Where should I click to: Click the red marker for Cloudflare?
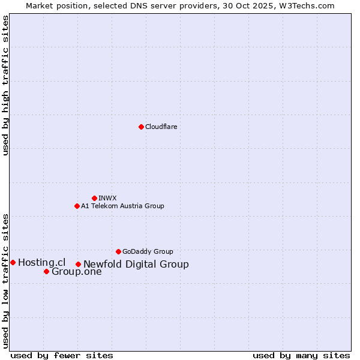[x=141, y=127]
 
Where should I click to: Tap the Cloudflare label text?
[x=161, y=127]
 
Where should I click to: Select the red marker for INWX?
[x=94, y=198]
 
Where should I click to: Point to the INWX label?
[x=107, y=198]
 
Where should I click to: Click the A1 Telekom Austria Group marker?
[x=77, y=206]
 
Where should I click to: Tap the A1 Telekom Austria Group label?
[x=122, y=206]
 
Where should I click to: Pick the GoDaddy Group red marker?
[x=118, y=251]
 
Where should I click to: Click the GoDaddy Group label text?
[x=148, y=251]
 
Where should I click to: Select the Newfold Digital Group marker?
[x=78, y=264]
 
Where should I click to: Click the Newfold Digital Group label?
[x=136, y=264]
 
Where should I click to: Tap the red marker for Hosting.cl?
[x=13, y=262]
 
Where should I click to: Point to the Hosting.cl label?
[x=41, y=262]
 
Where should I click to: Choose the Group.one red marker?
[x=46, y=271]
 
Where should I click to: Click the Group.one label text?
[x=76, y=272]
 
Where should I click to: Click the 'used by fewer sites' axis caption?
[x=62, y=355]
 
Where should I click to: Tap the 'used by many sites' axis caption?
[x=301, y=355]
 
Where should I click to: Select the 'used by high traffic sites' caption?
[x=6, y=85]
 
